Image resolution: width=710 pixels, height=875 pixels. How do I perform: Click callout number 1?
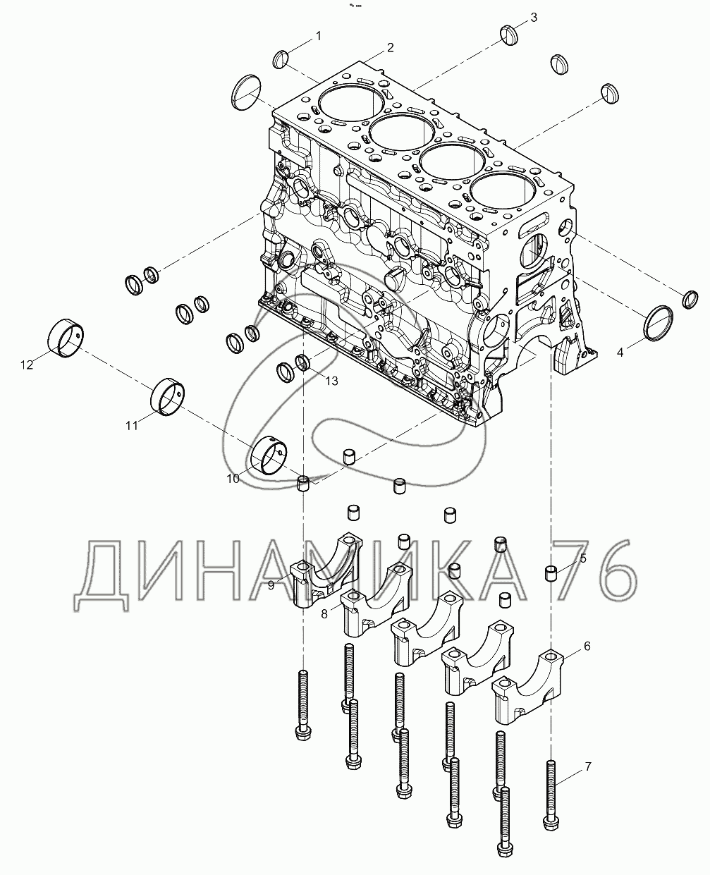click(318, 36)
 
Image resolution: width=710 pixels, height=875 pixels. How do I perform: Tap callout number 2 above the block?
click(390, 48)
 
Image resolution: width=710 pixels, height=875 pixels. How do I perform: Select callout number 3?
click(534, 18)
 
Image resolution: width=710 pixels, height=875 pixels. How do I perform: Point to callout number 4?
click(620, 352)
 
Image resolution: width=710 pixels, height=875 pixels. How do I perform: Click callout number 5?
click(583, 558)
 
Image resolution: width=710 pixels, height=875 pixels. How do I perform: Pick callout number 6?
click(587, 646)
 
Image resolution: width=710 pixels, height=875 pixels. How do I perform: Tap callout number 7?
click(588, 766)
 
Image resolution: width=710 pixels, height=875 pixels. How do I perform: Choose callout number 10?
click(233, 479)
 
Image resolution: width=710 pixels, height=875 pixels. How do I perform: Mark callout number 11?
click(131, 426)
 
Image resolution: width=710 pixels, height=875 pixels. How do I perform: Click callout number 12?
click(27, 365)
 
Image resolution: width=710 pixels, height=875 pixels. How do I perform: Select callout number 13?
click(332, 381)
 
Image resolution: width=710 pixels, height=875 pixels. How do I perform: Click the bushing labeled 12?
click(66, 338)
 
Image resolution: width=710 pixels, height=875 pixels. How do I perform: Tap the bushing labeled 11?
click(167, 396)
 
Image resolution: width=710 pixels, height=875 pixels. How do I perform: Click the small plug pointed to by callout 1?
click(281, 59)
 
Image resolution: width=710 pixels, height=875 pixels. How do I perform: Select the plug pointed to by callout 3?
click(509, 35)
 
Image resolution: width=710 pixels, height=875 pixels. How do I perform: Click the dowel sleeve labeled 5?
click(551, 573)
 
